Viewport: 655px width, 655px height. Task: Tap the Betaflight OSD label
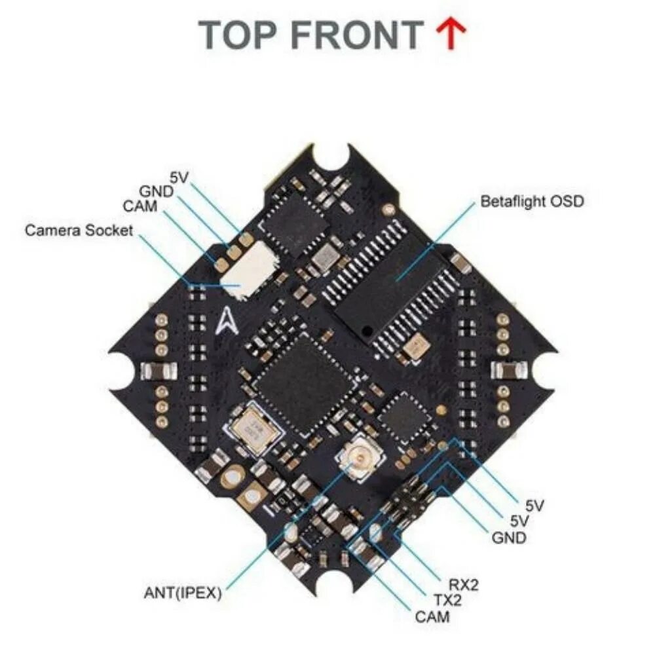pyautogui.click(x=532, y=202)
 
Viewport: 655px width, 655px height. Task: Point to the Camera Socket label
pyautogui.click(x=79, y=231)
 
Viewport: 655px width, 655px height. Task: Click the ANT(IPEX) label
pyautogui.click(x=183, y=593)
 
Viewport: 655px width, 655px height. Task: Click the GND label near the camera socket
pyautogui.click(x=156, y=191)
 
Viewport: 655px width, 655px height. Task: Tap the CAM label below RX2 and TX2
pyautogui.click(x=432, y=616)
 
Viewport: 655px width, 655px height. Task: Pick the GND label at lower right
pyautogui.click(x=509, y=538)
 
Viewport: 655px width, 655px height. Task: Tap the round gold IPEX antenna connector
pyautogui.click(x=356, y=457)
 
